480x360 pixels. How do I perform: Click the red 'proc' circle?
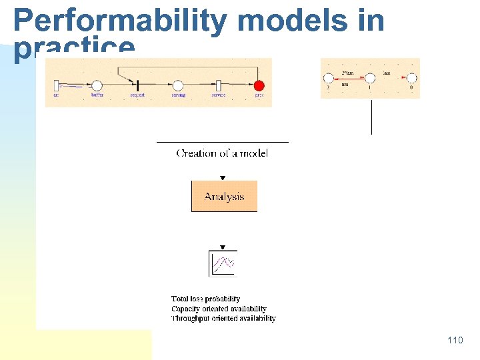[259, 85]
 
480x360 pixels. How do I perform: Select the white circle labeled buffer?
[97, 85]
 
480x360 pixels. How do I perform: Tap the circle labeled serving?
[177, 85]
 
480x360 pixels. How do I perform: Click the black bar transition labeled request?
[137, 85]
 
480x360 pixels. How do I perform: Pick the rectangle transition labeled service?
[218, 85]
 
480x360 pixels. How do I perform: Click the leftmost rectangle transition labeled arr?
[57, 85]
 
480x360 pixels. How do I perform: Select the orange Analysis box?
[224, 196]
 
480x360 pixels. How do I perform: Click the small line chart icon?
[223, 263]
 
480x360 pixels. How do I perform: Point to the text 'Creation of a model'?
[222, 153]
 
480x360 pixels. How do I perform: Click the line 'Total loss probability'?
[205, 299]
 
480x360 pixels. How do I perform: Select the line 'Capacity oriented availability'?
[219, 309]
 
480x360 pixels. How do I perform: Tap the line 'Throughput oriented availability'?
[223, 319]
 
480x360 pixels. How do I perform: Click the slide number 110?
[455, 341]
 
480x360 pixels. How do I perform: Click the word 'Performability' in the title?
[120, 21]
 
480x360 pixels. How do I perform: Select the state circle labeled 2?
[329, 79]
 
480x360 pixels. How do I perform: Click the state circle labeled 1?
[370, 79]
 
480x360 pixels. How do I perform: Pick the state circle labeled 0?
[411, 79]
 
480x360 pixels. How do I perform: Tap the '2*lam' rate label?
[348, 72]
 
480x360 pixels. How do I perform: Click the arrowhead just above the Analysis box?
[223, 178]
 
